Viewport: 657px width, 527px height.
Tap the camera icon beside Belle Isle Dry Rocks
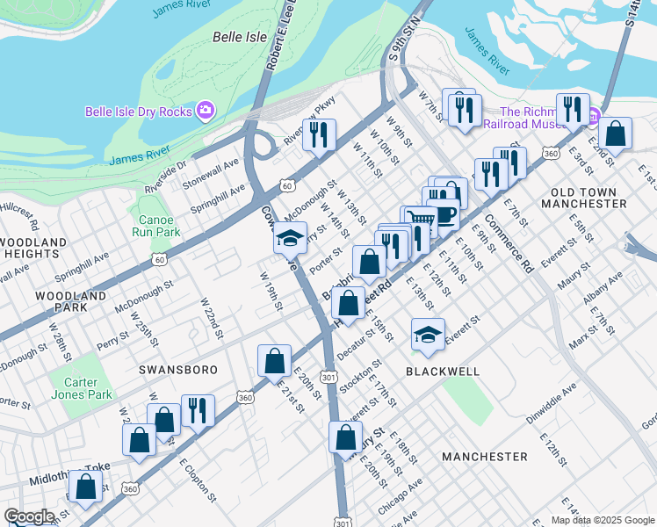click(205, 110)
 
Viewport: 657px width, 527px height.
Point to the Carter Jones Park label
click(80, 388)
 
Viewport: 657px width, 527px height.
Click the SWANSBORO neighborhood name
click(177, 370)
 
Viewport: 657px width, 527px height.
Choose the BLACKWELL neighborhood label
click(443, 372)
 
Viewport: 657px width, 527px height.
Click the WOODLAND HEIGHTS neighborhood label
click(33, 248)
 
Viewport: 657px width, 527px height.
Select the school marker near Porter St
click(290, 238)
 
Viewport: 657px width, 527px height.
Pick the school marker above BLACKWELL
click(428, 335)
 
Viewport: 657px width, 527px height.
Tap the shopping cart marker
click(420, 220)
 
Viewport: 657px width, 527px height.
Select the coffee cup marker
click(445, 214)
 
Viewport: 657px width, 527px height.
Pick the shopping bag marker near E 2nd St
click(616, 134)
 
